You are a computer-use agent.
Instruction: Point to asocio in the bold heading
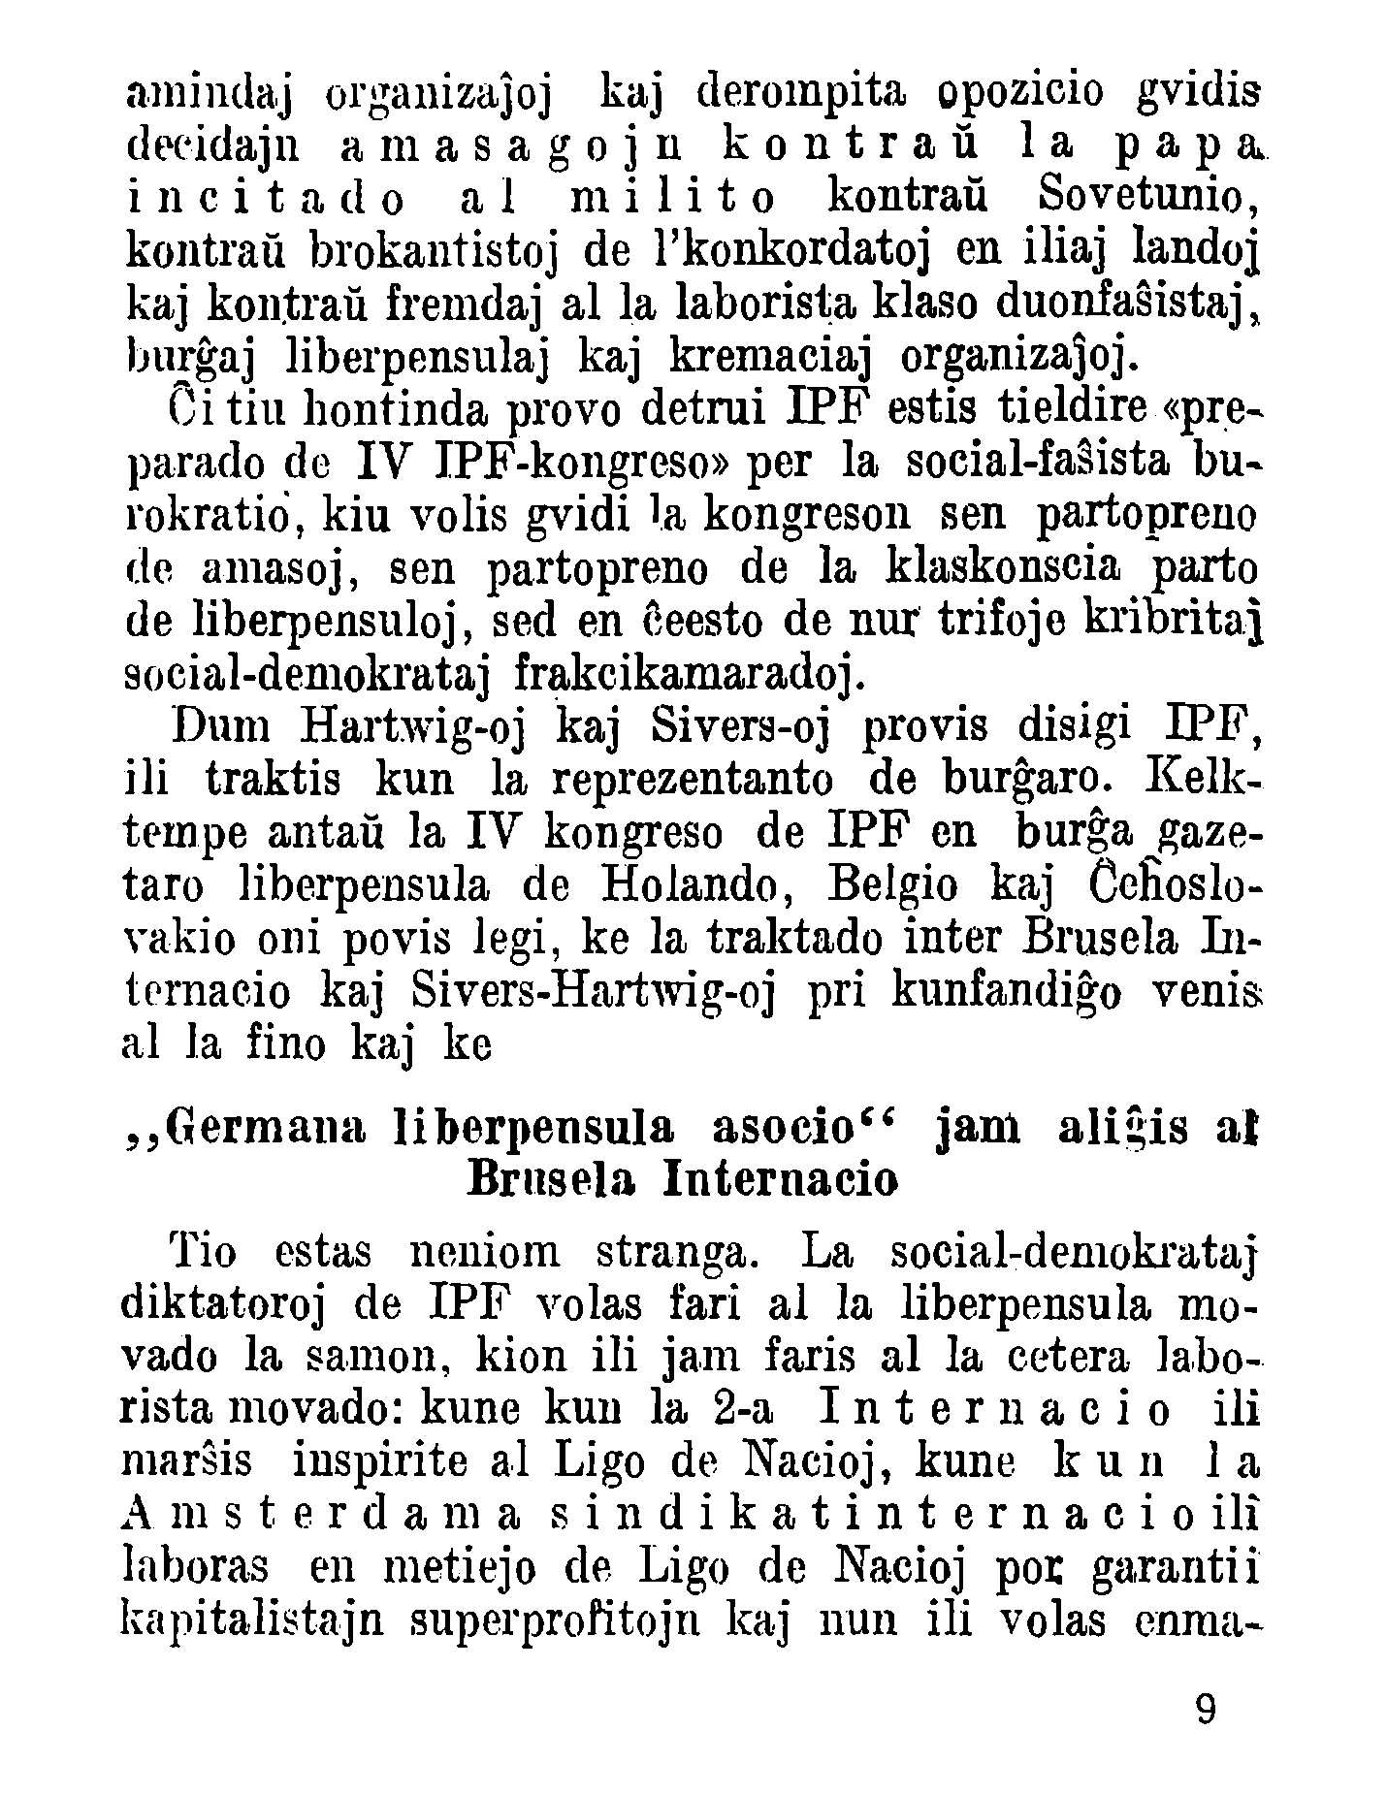[783, 1127]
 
